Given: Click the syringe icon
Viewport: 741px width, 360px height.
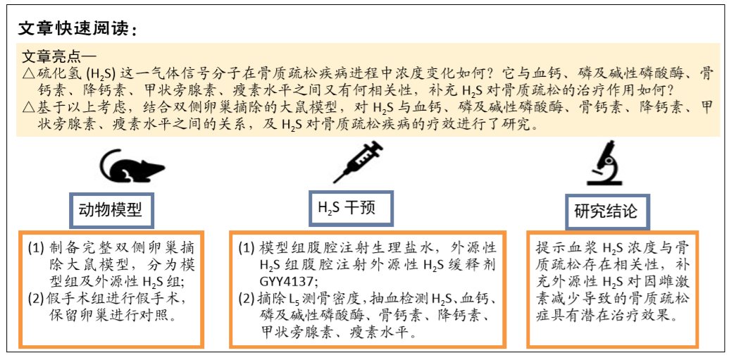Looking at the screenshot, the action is pyautogui.click(x=359, y=161).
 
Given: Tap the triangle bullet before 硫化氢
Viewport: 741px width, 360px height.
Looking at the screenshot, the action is pyautogui.click(x=29, y=74).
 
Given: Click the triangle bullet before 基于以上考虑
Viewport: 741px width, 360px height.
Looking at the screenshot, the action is pyautogui.click(x=29, y=108).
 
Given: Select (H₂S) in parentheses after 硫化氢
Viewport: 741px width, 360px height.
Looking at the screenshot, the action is pyautogui.click(x=101, y=74).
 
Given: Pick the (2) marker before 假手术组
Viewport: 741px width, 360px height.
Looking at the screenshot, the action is pyautogui.click(x=35, y=299).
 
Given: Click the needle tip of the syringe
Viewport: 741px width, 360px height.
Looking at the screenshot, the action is pyautogui.click(x=334, y=182).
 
